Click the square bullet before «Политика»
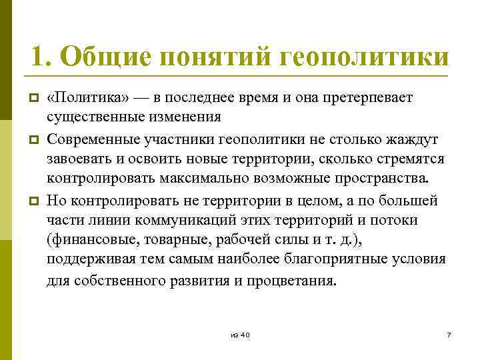(x=31, y=99)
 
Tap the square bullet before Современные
(x=31, y=140)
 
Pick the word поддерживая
(x=88, y=261)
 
